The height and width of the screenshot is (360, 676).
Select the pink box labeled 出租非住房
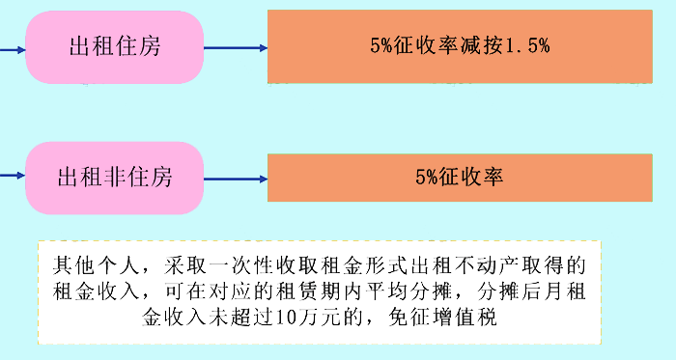115,178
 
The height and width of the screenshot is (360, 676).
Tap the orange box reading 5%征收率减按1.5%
460,46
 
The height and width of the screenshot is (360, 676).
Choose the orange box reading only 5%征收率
460,178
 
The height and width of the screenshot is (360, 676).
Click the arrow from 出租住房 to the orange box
236,46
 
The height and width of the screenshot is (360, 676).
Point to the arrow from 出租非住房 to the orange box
236,178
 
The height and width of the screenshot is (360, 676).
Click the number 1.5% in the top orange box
528,46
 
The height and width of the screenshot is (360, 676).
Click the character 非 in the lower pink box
115,178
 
